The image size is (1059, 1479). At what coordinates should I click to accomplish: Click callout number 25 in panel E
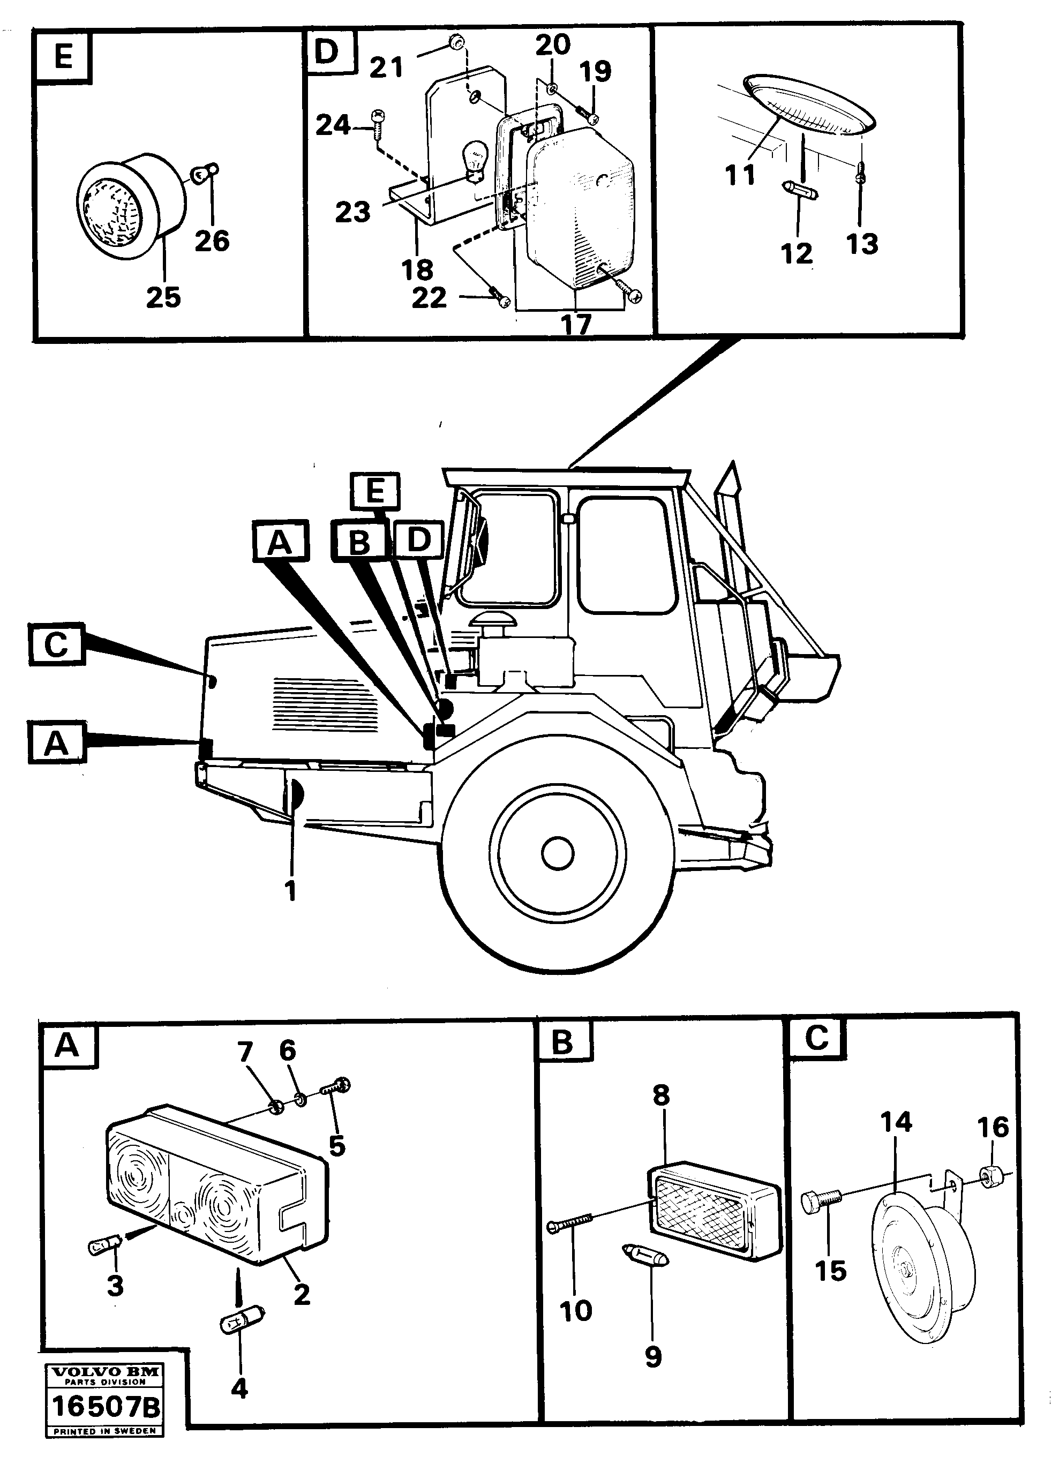pyautogui.click(x=163, y=297)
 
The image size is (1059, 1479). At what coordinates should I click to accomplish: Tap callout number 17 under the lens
pyautogui.click(x=576, y=324)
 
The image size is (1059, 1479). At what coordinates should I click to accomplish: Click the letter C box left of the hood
pyautogui.click(x=57, y=644)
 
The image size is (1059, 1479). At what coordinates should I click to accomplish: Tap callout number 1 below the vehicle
pyautogui.click(x=291, y=891)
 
